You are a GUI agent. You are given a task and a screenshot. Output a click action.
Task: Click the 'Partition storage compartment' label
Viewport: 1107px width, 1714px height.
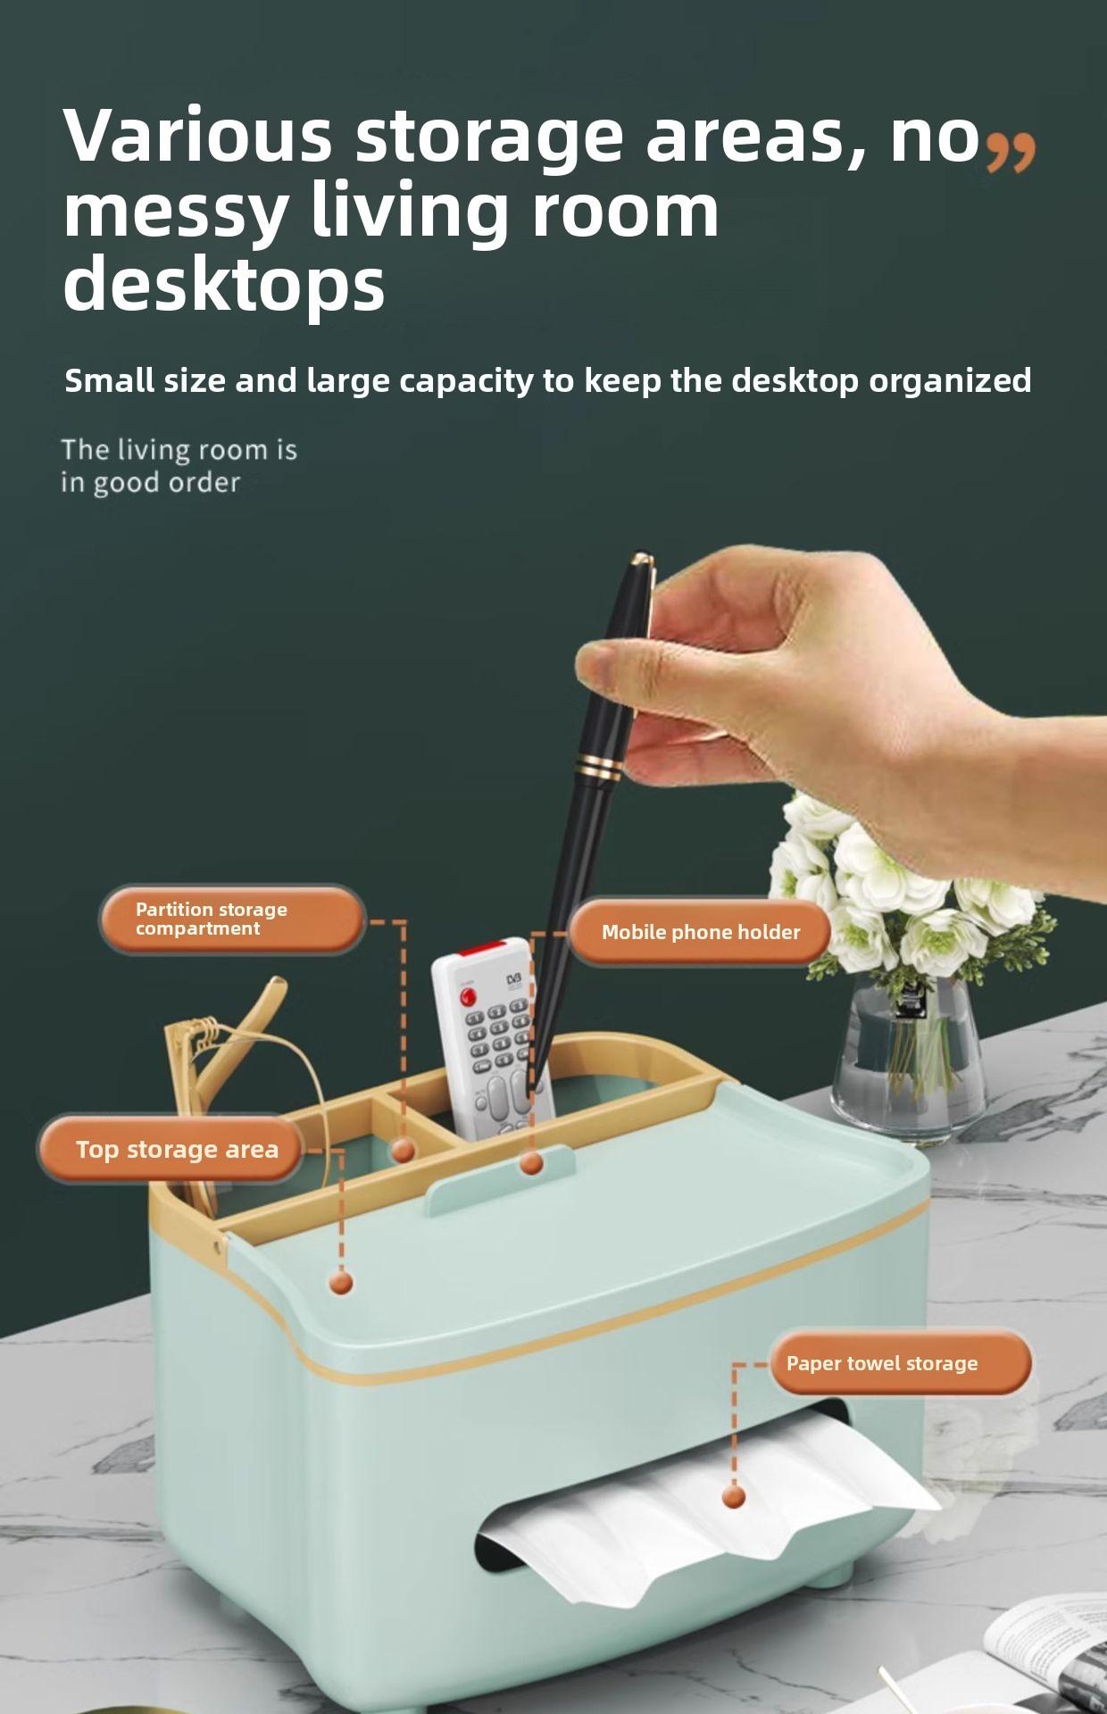[232, 919]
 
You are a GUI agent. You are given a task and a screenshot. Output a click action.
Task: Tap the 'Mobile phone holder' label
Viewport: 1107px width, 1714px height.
[700, 932]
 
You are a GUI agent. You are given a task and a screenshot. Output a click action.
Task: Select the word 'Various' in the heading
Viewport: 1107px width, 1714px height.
[198, 135]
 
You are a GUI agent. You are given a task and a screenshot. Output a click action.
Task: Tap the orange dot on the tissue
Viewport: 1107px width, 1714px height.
[734, 1496]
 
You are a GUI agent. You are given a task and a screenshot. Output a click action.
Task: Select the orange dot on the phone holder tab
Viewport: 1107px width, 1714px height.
[531, 1163]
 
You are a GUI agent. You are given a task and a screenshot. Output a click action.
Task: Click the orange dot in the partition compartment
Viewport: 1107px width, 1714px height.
[404, 1151]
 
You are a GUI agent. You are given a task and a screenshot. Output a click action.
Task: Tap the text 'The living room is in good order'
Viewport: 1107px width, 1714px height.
[179, 465]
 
